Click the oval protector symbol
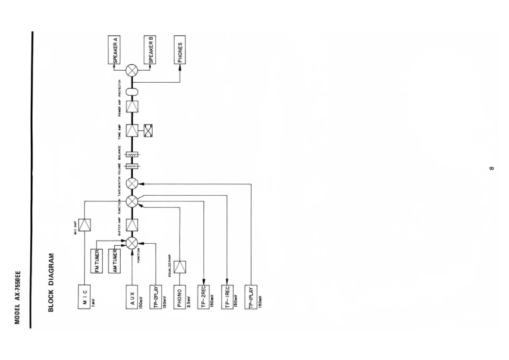pyautogui.click(x=132, y=90)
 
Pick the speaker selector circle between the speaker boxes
pyautogui.click(x=132, y=70)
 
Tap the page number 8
pyautogui.click(x=490, y=169)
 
